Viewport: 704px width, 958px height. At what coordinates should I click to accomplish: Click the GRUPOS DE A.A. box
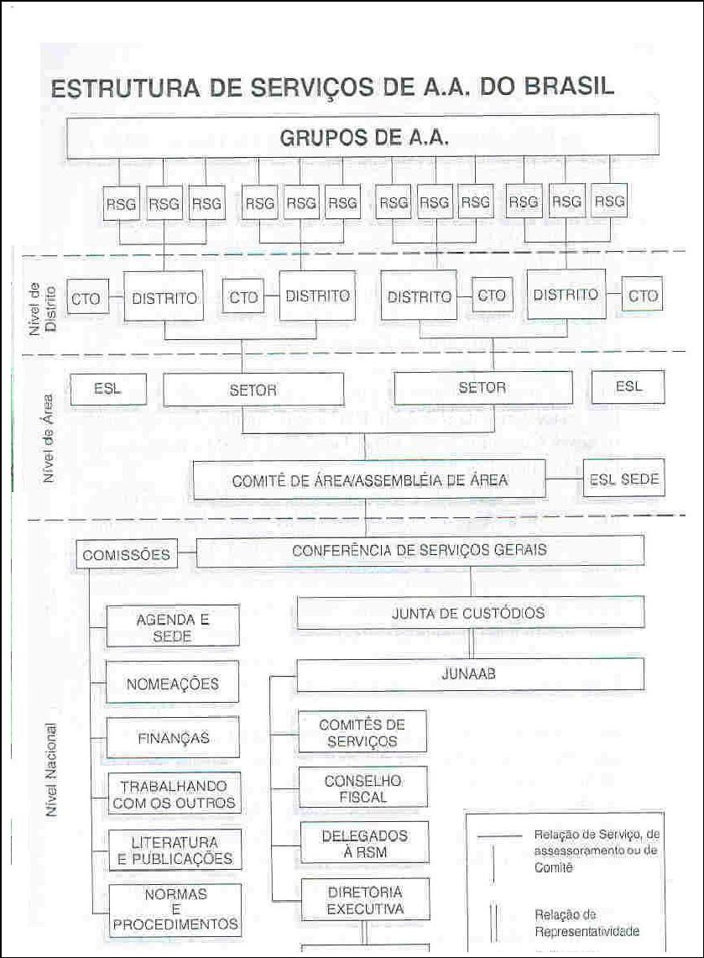[x=362, y=136]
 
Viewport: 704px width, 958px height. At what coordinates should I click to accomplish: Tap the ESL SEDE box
[x=624, y=479]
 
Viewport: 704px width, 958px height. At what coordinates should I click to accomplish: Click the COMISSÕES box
[x=127, y=555]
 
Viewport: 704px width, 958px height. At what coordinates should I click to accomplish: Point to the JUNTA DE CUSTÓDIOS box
[x=470, y=612]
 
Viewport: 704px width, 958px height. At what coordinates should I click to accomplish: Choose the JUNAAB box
[x=470, y=674]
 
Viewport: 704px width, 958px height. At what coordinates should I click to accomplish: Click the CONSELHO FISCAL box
[x=363, y=788]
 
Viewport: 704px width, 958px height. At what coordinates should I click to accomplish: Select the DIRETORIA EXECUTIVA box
[x=365, y=899]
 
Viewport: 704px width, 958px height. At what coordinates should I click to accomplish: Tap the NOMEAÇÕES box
[x=172, y=683]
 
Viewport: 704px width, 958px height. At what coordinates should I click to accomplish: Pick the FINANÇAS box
[x=173, y=737]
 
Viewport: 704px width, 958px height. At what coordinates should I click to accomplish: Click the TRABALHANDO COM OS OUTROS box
[x=174, y=793]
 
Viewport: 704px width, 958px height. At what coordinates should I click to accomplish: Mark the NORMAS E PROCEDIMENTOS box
[x=175, y=909]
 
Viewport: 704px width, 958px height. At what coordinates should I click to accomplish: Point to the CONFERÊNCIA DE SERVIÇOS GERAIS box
[x=420, y=550]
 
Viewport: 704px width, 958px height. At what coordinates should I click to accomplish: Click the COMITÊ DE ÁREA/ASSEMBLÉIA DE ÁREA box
[x=369, y=479]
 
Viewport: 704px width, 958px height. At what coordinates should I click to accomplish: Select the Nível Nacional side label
[x=52, y=770]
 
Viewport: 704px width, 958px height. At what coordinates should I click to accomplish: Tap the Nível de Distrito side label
[x=43, y=308]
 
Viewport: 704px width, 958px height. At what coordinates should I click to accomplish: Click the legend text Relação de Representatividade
[x=587, y=923]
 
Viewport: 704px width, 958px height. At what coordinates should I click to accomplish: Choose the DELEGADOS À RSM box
[x=364, y=843]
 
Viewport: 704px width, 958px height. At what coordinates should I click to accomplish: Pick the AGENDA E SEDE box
[x=172, y=627]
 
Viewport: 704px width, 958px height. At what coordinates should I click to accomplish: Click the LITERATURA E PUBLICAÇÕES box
[x=175, y=850]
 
